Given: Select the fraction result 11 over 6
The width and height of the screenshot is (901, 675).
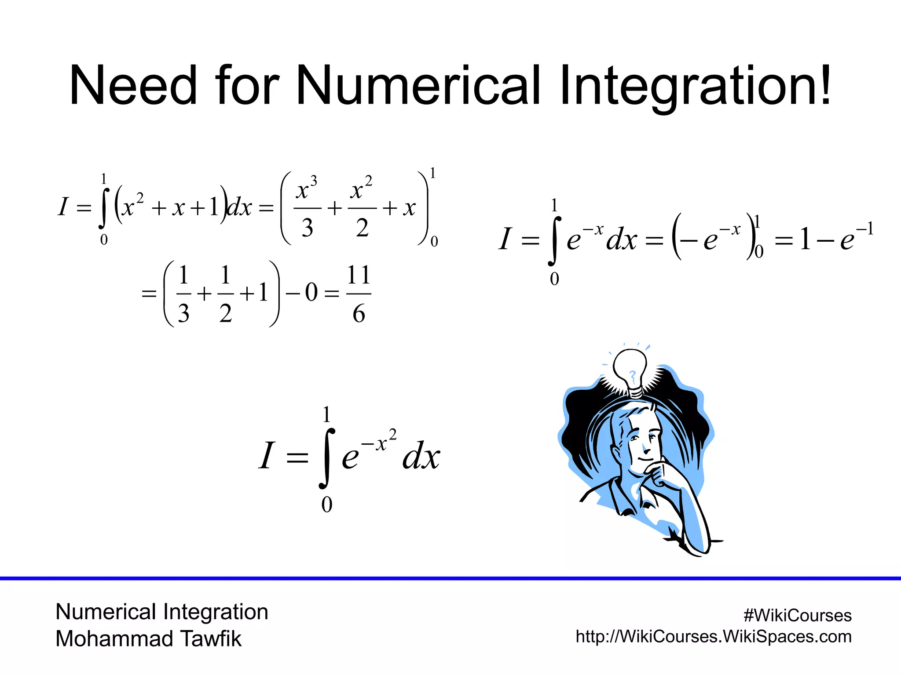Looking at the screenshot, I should pos(359,294).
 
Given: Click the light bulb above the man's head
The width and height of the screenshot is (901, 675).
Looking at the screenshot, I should pos(630,371).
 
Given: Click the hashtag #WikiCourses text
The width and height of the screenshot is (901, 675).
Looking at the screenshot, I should pos(797,615).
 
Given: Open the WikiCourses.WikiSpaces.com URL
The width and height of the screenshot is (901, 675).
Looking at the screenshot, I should pos(714,636).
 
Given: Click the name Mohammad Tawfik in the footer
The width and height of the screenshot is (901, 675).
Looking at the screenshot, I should pos(149,639).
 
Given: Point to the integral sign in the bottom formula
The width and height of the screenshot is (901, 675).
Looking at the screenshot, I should pos(326,458).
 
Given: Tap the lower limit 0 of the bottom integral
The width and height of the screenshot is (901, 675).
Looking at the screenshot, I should pos(326,504).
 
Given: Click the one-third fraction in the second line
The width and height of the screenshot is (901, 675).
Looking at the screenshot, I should pos(183,294).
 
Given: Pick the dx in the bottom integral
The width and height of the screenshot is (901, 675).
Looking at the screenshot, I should pos(421,457).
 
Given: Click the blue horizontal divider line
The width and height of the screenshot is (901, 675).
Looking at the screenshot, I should pos(450,578).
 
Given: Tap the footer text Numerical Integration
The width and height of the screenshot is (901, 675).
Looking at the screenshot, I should pos(162,612).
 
